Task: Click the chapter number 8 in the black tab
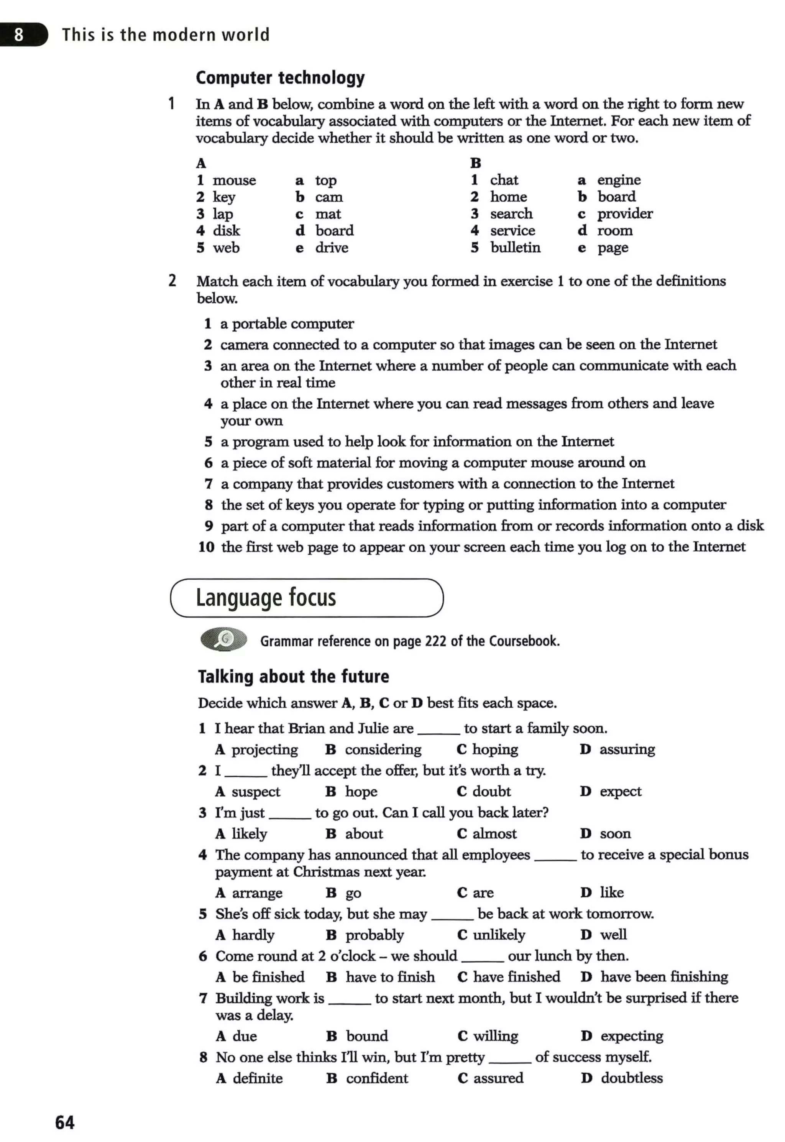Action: (19, 35)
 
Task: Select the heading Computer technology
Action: (280, 78)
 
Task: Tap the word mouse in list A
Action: (234, 181)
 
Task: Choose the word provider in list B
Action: (625, 214)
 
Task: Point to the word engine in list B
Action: (619, 180)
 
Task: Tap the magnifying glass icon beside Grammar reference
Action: (224, 639)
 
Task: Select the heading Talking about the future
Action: (293, 676)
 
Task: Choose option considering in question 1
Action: (383, 749)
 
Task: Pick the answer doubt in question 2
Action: (491, 791)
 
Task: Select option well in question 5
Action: (613, 935)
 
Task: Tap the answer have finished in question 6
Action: (516, 977)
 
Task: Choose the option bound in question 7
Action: (367, 1036)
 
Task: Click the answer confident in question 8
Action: (377, 1078)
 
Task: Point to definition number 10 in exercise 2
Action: (206, 547)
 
